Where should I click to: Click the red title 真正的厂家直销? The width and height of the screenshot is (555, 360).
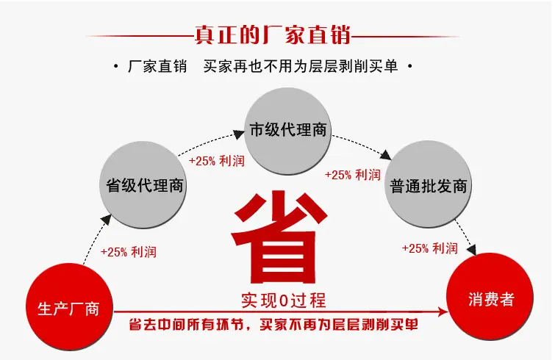pyautogui.click(x=273, y=35)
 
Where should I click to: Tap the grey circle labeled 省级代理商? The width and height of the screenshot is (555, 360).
pyautogui.click(x=143, y=184)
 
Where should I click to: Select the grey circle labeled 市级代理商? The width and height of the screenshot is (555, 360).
pyautogui.click(x=287, y=131)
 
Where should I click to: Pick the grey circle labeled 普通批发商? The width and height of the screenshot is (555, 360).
pyautogui.click(x=428, y=184)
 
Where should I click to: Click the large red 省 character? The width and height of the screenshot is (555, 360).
pyautogui.click(x=279, y=237)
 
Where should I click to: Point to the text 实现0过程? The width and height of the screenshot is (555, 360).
pyautogui.click(x=284, y=300)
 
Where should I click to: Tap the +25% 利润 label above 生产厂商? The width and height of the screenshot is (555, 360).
pyautogui.click(x=129, y=252)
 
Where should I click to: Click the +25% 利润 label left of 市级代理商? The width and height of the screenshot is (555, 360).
pyautogui.click(x=217, y=161)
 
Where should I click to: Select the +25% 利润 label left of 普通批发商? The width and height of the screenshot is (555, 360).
pyautogui.click(x=353, y=175)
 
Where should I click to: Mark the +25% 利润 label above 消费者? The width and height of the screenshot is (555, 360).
pyautogui.click(x=430, y=248)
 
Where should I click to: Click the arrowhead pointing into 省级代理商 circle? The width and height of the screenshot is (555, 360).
pyautogui.click(x=106, y=219)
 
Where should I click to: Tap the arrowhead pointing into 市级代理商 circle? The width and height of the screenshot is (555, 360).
pyautogui.click(x=239, y=134)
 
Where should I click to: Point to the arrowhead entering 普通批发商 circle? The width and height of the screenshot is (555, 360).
pyautogui.click(x=386, y=155)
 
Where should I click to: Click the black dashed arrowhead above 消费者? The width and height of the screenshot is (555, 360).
pyautogui.click(x=471, y=251)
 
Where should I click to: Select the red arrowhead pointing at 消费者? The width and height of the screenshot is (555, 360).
pyautogui.click(x=443, y=312)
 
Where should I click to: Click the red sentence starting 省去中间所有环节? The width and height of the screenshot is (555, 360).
pyautogui.click(x=273, y=324)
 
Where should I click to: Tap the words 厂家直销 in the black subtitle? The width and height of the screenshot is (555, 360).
pyautogui.click(x=157, y=66)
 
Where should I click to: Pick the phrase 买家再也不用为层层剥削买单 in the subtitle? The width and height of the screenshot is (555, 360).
pyautogui.click(x=301, y=66)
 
